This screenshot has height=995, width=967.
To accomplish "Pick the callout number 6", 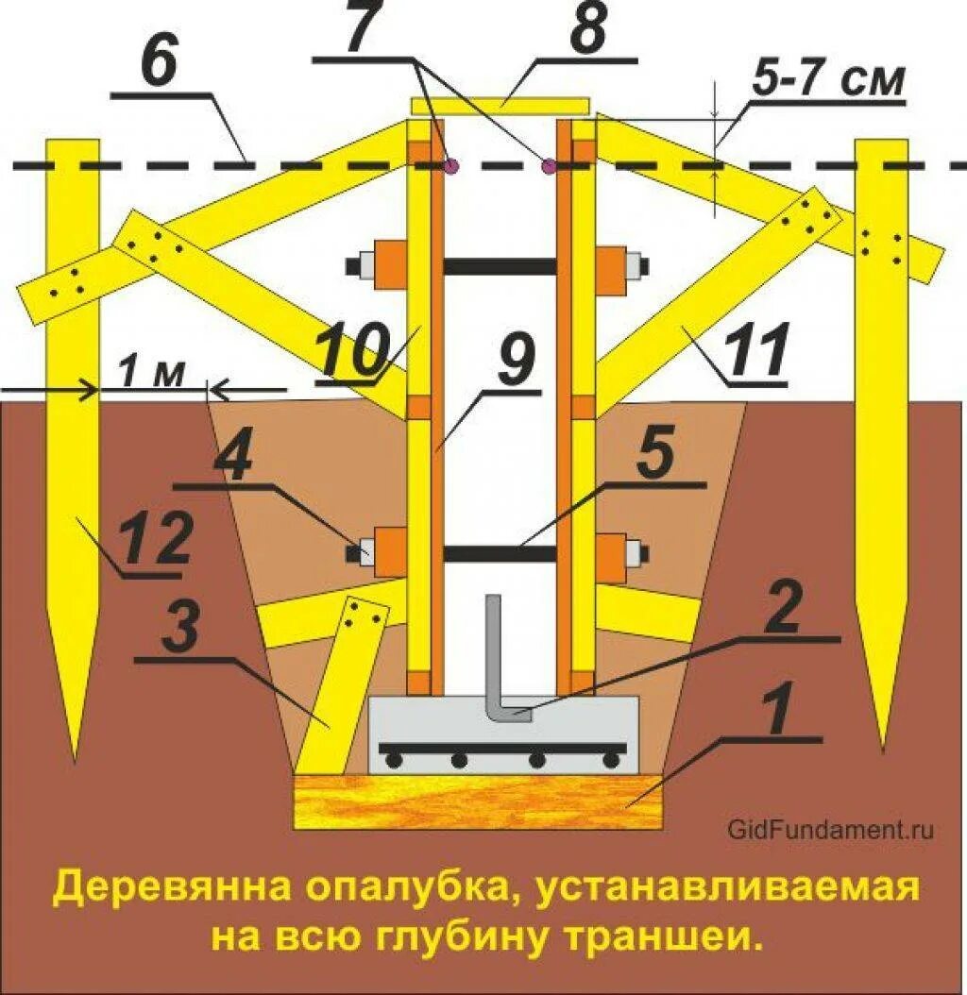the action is coord(160,63).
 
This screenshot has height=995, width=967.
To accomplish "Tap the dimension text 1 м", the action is coord(152,377).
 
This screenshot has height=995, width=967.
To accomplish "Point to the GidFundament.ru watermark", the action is coord(831,830).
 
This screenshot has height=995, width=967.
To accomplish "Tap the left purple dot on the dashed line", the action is coord(451,167).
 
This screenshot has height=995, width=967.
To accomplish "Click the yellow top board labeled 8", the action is coord(500,104).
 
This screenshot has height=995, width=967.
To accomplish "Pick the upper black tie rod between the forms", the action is coord(500,266).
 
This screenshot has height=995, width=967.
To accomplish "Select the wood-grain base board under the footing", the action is coord(476,801).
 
